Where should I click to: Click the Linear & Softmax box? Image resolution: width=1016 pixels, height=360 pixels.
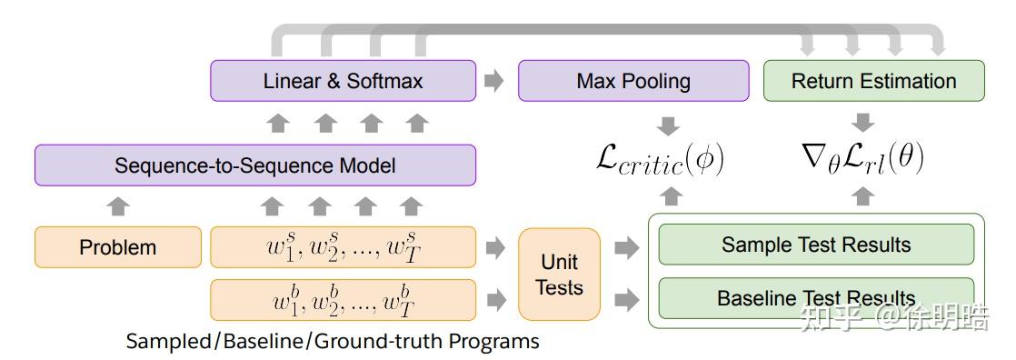(343, 81)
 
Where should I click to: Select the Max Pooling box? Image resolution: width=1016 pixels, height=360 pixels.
(633, 81)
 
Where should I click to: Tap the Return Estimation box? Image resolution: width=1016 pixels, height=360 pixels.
(873, 81)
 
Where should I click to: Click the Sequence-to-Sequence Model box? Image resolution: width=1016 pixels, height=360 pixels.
(254, 165)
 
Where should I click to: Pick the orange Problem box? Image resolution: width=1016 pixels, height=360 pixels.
(117, 247)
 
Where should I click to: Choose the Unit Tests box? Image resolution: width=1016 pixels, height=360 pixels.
(559, 274)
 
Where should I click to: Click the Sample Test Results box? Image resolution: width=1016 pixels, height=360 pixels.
(815, 245)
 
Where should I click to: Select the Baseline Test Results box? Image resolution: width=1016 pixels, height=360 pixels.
(815, 298)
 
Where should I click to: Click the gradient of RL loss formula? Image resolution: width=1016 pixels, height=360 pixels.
(862, 160)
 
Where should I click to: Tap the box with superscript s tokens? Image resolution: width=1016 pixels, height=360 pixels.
(343, 247)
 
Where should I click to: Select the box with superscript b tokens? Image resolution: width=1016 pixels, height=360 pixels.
(343, 300)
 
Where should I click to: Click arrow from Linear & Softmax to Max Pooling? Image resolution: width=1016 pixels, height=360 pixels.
(493, 81)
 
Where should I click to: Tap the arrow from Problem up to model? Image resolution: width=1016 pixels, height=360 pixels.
(118, 205)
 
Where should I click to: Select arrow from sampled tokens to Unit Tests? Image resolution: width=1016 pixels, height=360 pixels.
(495, 247)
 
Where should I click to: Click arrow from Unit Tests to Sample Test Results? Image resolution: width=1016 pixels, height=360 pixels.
(626, 247)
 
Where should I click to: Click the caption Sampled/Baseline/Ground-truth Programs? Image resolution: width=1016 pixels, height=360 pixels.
(333, 342)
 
